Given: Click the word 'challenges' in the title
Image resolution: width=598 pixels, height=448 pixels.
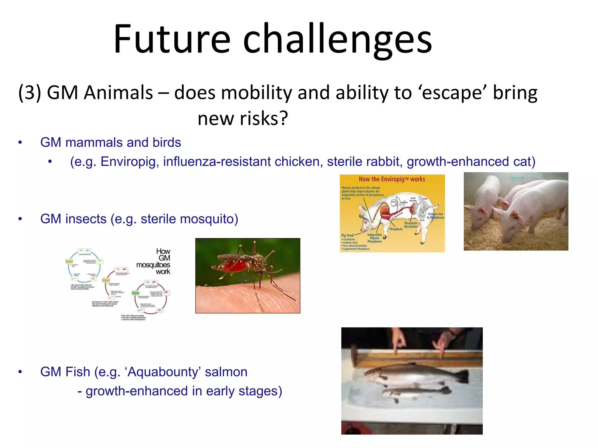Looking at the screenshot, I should coord(337,39).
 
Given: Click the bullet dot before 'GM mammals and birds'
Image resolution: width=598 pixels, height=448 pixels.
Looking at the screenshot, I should coord(20,143).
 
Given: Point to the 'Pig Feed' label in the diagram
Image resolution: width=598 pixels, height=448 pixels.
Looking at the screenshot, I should coord(347,235).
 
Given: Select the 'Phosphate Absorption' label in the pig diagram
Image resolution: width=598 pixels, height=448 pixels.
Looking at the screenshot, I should coord(411,225).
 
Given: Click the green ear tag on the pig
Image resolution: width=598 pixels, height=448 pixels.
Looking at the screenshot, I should coord(515,216).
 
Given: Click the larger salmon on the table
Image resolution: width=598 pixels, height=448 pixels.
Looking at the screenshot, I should coord(409,375).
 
